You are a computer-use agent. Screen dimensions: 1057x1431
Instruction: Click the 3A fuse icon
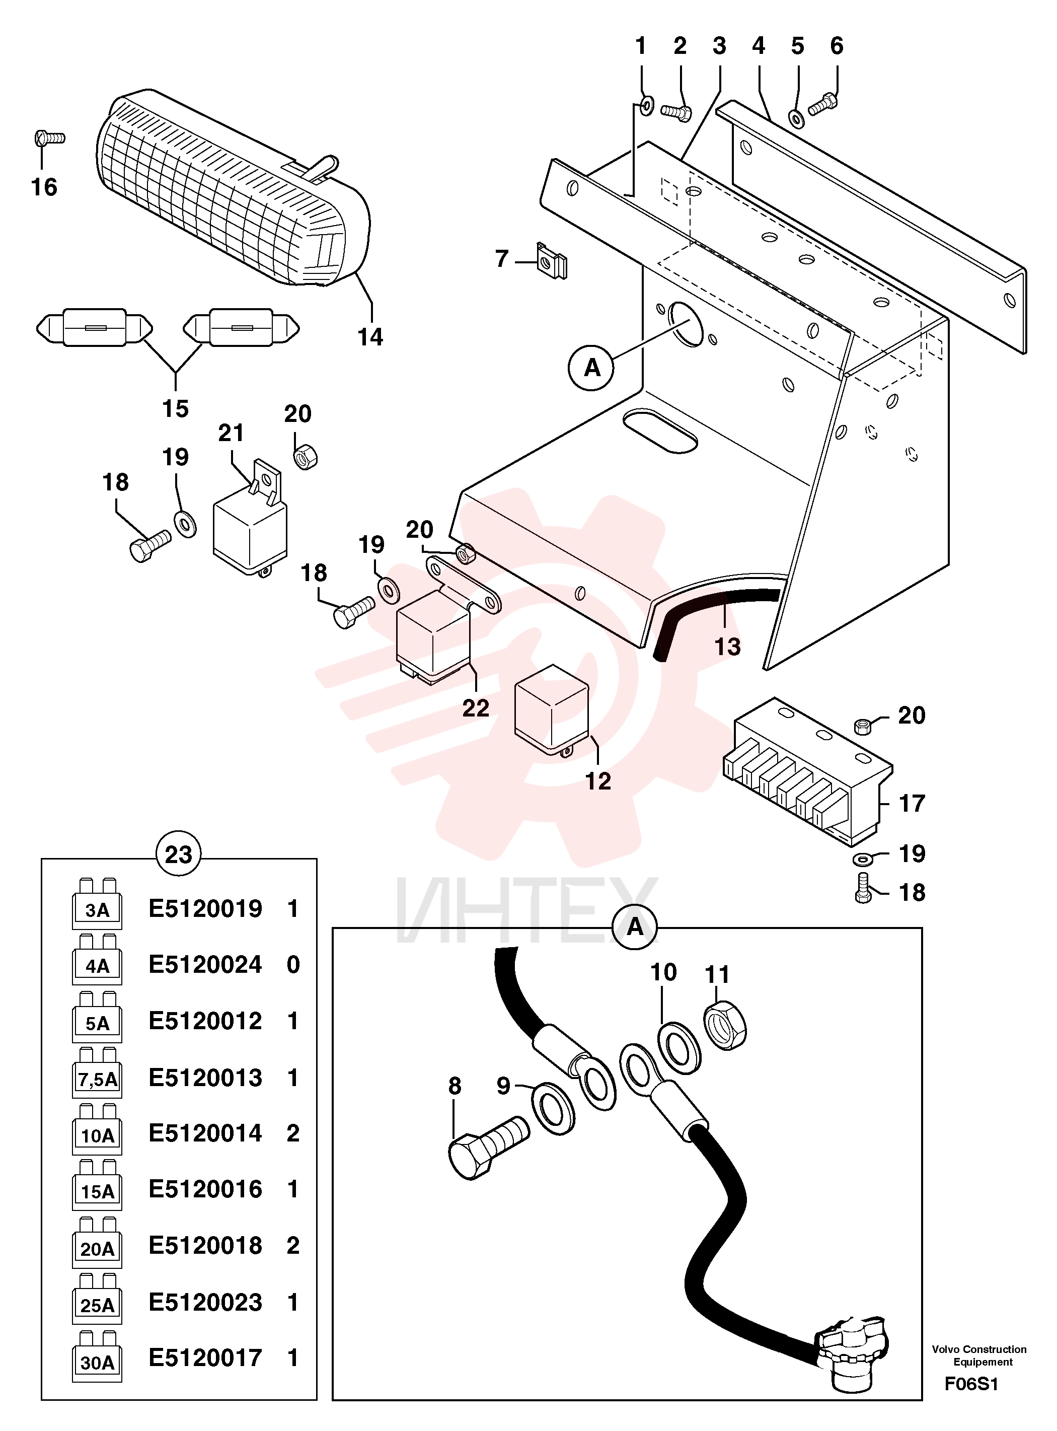tap(97, 903)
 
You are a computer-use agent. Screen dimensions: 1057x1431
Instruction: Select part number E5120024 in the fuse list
tap(205, 964)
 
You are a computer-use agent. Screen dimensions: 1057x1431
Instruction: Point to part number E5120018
tap(205, 1245)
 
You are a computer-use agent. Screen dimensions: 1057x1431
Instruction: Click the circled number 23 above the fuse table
tap(179, 854)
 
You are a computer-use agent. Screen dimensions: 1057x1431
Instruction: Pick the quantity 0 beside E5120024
tap(293, 964)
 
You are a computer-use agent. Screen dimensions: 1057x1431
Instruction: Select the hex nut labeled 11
tap(726, 1025)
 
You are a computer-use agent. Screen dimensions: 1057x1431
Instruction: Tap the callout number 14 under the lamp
tap(370, 337)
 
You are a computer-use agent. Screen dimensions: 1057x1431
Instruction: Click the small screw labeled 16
tap(49, 137)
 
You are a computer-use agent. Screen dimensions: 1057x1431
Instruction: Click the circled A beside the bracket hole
tap(592, 368)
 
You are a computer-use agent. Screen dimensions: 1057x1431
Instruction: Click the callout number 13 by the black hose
tap(727, 647)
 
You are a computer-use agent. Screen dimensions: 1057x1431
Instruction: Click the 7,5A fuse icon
tap(97, 1072)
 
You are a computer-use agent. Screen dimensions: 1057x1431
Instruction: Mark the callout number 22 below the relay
tap(475, 708)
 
